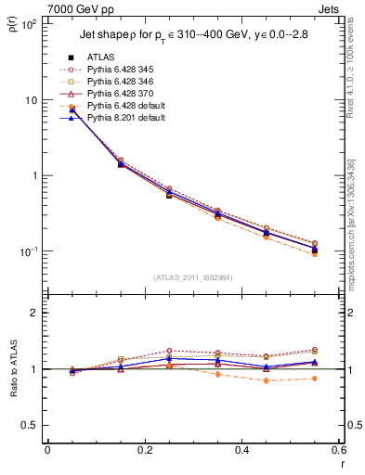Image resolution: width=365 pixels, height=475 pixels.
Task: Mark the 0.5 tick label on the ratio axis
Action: pos(29,425)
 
